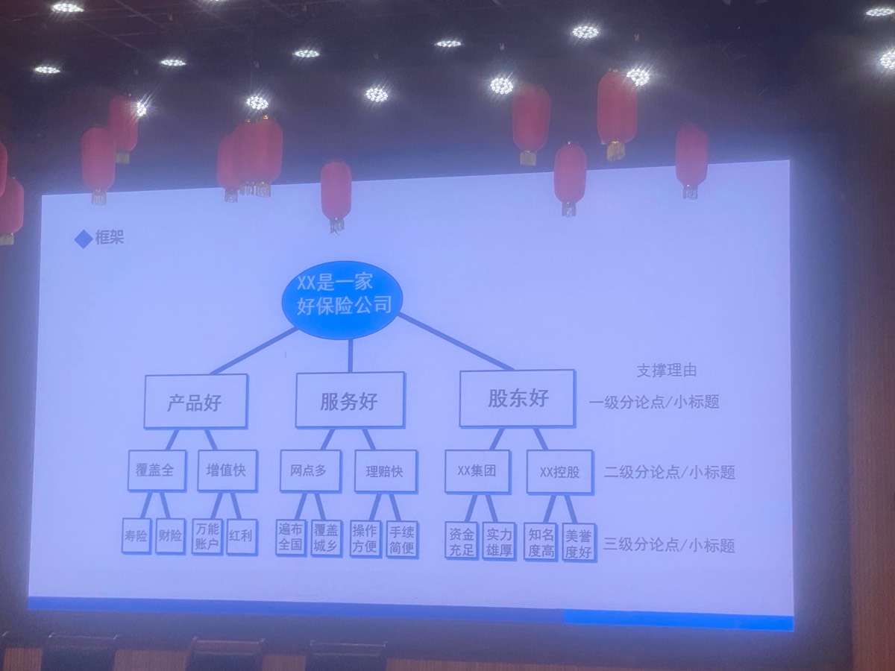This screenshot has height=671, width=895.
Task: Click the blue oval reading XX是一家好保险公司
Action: pyautogui.click(x=343, y=300)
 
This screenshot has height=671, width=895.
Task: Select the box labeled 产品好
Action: pyautogui.click(x=195, y=401)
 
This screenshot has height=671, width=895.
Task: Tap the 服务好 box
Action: pyautogui.click(x=350, y=400)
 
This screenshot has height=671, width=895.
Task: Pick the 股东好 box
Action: pyautogui.click(x=518, y=398)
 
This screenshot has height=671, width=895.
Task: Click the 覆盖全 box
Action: pyautogui.click(x=157, y=470)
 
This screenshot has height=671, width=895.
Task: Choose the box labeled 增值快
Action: pyautogui.click(x=227, y=470)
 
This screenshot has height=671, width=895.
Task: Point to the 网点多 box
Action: pyautogui.click(x=310, y=470)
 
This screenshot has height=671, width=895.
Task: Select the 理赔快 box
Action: pyautogui.click(x=386, y=471)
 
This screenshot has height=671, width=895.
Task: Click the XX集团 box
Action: pyautogui.click(x=477, y=471)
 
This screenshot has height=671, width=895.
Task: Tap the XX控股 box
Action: pyautogui.click(x=560, y=471)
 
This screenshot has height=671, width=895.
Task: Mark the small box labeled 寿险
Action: pyautogui.click(x=136, y=535)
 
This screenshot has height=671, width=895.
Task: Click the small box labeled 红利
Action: pyautogui.click(x=242, y=537)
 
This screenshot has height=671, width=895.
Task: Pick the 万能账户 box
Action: pyautogui.click(x=207, y=536)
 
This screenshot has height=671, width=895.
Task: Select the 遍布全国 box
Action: pyautogui.click(x=291, y=537)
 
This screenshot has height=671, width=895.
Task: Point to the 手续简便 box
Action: pyautogui.click(x=402, y=539)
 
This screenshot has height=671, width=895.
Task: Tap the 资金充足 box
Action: pyautogui.click(x=462, y=541)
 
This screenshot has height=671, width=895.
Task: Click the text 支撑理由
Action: pyautogui.click(x=667, y=371)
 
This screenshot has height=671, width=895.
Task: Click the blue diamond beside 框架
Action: pyautogui.click(x=84, y=239)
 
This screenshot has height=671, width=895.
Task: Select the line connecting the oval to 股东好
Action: pyautogui.click(x=456, y=341)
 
